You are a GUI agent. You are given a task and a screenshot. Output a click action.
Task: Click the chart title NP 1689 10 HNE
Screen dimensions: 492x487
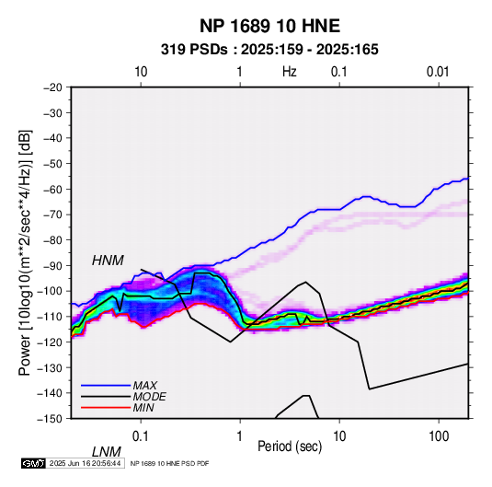pyautogui.click(x=269, y=26)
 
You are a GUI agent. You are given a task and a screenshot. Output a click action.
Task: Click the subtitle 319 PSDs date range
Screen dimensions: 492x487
pyautogui.click(x=269, y=50)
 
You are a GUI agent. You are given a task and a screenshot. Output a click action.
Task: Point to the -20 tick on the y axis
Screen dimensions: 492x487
pyautogui.click(x=52, y=87)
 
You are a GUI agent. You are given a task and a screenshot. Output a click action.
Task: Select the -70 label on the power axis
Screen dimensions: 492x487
pyautogui.click(x=52, y=215)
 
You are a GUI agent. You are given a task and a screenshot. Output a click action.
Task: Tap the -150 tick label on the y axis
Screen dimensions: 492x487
pyautogui.click(x=51, y=419)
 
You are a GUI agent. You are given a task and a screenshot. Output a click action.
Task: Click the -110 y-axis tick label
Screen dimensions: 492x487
pyautogui.click(x=51, y=317)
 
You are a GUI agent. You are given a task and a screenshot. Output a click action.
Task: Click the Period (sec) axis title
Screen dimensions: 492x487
pyautogui.click(x=290, y=446)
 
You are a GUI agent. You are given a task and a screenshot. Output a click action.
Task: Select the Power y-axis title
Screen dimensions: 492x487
pyautogui.click(x=25, y=253)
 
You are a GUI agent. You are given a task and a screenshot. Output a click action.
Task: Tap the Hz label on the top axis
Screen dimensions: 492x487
pyautogui.click(x=290, y=72)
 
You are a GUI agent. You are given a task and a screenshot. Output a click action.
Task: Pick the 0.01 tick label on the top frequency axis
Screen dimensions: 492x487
pyautogui.click(x=438, y=72)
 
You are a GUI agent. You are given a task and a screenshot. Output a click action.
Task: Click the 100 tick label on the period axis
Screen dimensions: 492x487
pyautogui.click(x=439, y=436)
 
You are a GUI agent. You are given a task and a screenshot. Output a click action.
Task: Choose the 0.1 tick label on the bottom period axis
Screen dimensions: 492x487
pyautogui.click(x=141, y=436)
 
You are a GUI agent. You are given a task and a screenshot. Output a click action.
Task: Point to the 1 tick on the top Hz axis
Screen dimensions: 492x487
pyautogui.click(x=239, y=72)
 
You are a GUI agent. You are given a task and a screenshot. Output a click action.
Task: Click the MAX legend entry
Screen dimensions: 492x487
pyautogui.click(x=144, y=385)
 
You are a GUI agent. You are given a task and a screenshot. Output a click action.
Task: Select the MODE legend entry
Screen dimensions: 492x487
pyautogui.click(x=149, y=397)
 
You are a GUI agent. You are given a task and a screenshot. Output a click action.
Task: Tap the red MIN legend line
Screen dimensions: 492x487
pyautogui.click(x=106, y=408)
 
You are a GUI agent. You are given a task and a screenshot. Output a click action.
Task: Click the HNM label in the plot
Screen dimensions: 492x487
pyautogui.click(x=108, y=261)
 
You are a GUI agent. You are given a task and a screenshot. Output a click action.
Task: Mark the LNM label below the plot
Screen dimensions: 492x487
pyautogui.click(x=107, y=452)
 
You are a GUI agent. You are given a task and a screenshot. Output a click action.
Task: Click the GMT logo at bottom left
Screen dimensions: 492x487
pyautogui.click(x=34, y=463)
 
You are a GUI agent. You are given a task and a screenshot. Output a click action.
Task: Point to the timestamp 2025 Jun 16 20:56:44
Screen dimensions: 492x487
pyautogui.click(x=85, y=463)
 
